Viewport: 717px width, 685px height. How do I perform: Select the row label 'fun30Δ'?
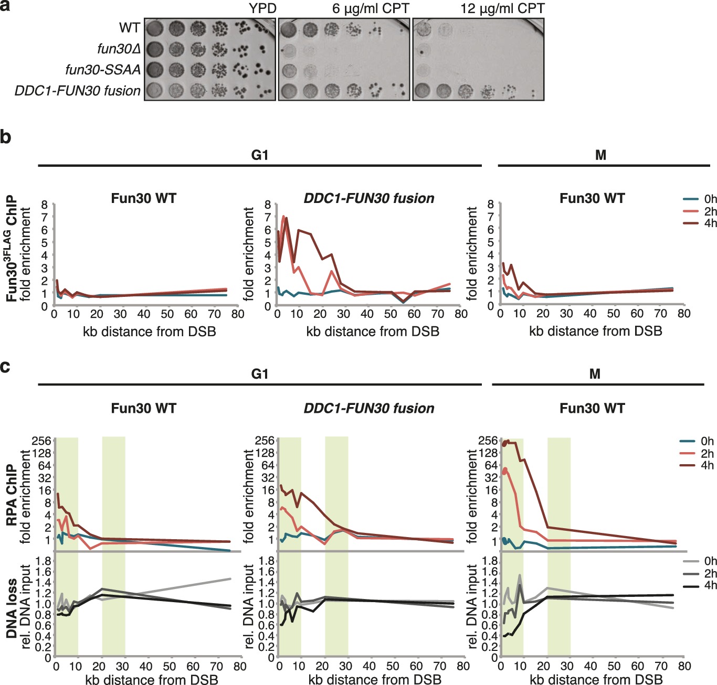click(x=119, y=49)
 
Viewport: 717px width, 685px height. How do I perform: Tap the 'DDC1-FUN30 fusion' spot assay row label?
click(x=77, y=91)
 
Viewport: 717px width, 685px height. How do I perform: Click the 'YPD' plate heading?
click(x=262, y=8)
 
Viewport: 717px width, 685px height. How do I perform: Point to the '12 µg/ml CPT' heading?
click(x=502, y=8)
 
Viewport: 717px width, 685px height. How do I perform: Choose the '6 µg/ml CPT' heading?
click(x=371, y=8)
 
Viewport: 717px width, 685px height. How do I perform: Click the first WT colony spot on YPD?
click(x=154, y=28)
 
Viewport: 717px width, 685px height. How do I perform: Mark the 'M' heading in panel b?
click(x=601, y=155)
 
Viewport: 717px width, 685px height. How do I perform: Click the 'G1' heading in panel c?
click(x=260, y=373)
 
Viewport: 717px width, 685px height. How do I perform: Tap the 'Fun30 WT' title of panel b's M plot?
click(x=592, y=198)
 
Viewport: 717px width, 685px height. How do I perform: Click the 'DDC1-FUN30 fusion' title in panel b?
click(x=369, y=198)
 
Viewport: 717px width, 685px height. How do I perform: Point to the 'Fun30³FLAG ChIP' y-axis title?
click(x=12, y=249)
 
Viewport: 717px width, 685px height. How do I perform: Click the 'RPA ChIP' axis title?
click(x=12, y=495)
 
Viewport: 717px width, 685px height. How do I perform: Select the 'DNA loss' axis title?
click(x=12, y=608)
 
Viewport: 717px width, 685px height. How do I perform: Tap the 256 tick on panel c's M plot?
click(x=488, y=441)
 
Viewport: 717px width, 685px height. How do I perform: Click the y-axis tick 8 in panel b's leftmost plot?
click(x=45, y=205)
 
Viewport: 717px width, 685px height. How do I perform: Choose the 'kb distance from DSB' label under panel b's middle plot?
click(x=373, y=331)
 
